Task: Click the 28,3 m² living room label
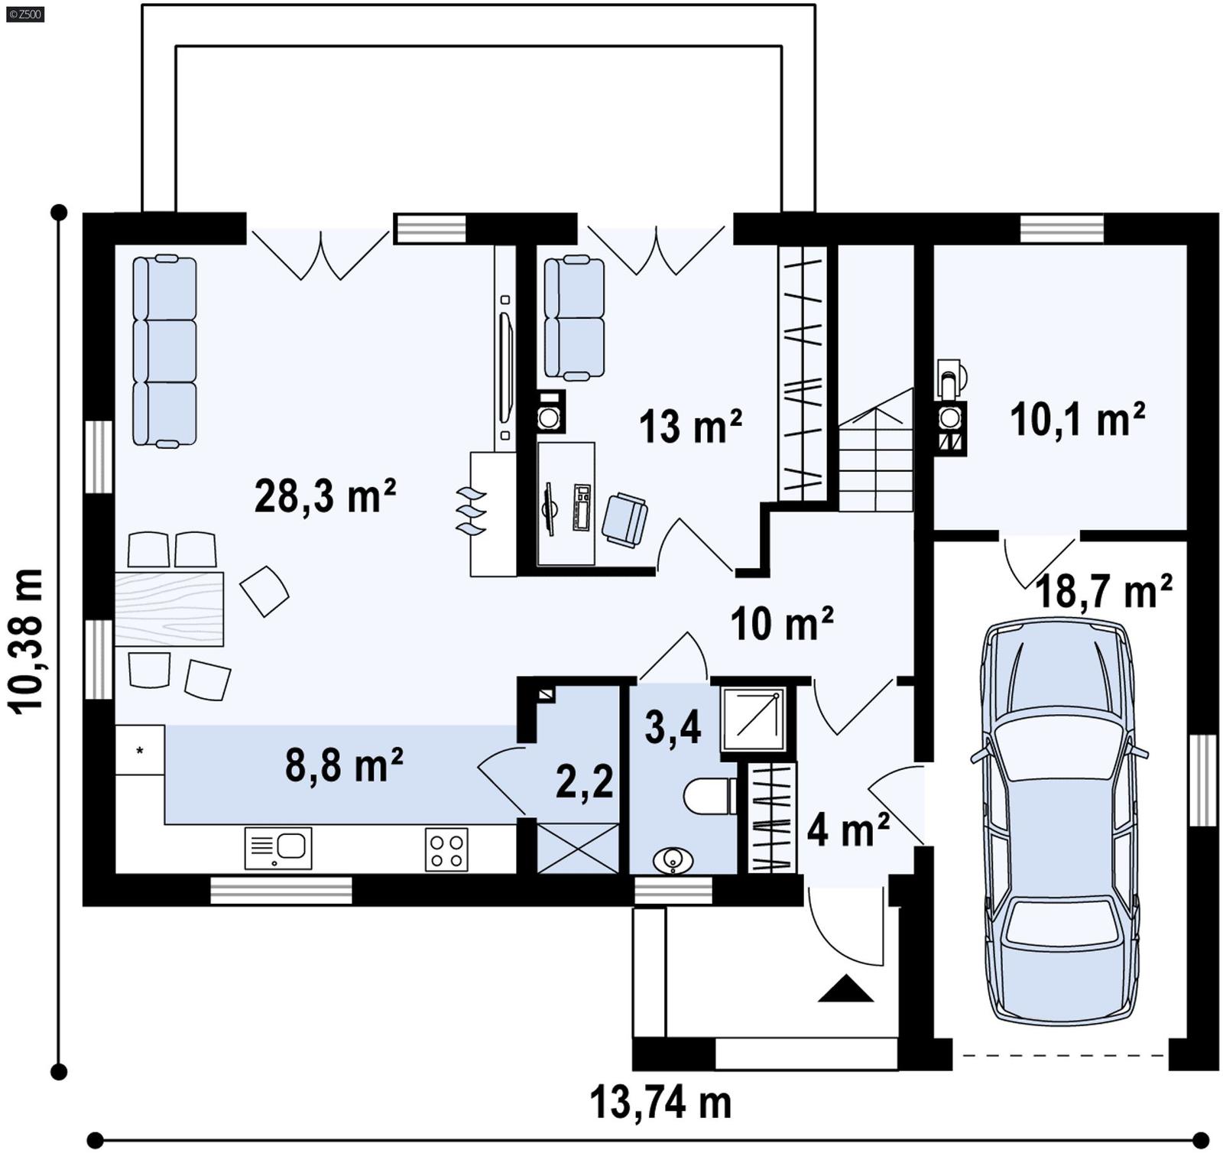[324, 497]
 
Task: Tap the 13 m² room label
[689, 427]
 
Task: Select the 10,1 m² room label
[1077, 420]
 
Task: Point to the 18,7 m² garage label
[1103, 591]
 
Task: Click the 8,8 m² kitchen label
[344, 765]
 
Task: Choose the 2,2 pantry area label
[584, 781]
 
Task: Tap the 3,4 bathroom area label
[673, 727]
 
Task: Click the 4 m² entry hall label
[848, 829]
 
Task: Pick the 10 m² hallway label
[781, 624]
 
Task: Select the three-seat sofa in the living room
[164, 351]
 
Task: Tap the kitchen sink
[278, 848]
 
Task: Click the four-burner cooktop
[446, 849]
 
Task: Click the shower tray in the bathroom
[752, 719]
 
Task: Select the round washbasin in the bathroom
[673, 860]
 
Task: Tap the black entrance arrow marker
[845, 989]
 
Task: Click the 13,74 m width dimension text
[660, 1103]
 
